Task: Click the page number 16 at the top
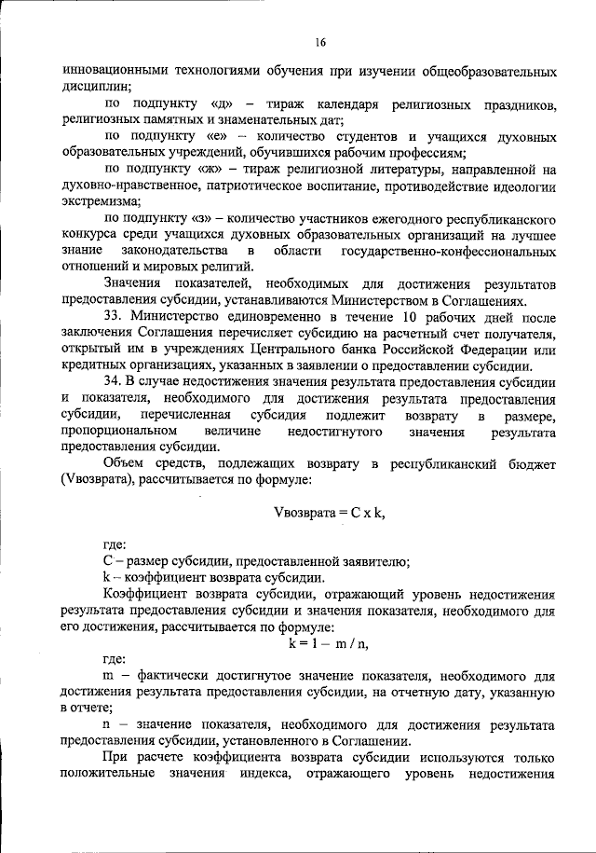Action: click(x=321, y=42)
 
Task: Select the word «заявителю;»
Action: click(x=376, y=560)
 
